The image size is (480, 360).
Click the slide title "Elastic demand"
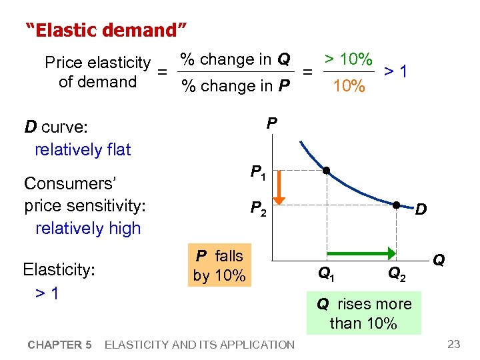(106, 30)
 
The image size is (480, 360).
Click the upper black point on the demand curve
(327, 171)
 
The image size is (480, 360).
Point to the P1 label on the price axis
(257, 173)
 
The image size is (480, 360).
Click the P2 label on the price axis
(257, 210)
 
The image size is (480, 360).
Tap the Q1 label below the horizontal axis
(326, 273)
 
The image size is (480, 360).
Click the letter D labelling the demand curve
(421, 211)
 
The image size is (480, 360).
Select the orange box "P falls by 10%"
(219, 266)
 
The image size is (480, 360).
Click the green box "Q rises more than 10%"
(364, 313)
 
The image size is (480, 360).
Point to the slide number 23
(454, 344)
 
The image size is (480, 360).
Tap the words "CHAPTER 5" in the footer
(59, 345)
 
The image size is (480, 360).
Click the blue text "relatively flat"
(83, 149)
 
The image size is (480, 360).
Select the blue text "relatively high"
(88, 228)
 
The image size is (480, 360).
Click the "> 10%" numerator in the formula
(348, 59)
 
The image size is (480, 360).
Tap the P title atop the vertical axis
(271, 123)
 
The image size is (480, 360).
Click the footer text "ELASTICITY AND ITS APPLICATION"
(199, 345)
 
